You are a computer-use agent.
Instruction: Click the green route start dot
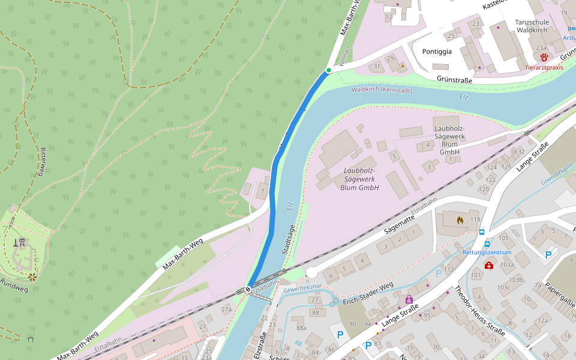(328, 71)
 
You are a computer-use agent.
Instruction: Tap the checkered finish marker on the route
(248, 290)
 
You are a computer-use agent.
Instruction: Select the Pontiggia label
(437, 52)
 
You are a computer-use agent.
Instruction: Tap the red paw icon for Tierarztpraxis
(544, 58)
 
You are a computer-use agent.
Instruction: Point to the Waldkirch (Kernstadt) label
(382, 90)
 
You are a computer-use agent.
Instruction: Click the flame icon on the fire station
(460, 220)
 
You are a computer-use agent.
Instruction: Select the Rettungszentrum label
(487, 253)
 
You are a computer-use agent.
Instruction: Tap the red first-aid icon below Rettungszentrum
(489, 265)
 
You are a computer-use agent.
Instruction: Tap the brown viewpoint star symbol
(32, 277)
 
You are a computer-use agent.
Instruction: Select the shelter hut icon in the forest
(31, 339)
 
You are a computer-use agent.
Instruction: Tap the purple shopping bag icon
(409, 299)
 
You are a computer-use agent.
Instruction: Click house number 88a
(301, 328)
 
